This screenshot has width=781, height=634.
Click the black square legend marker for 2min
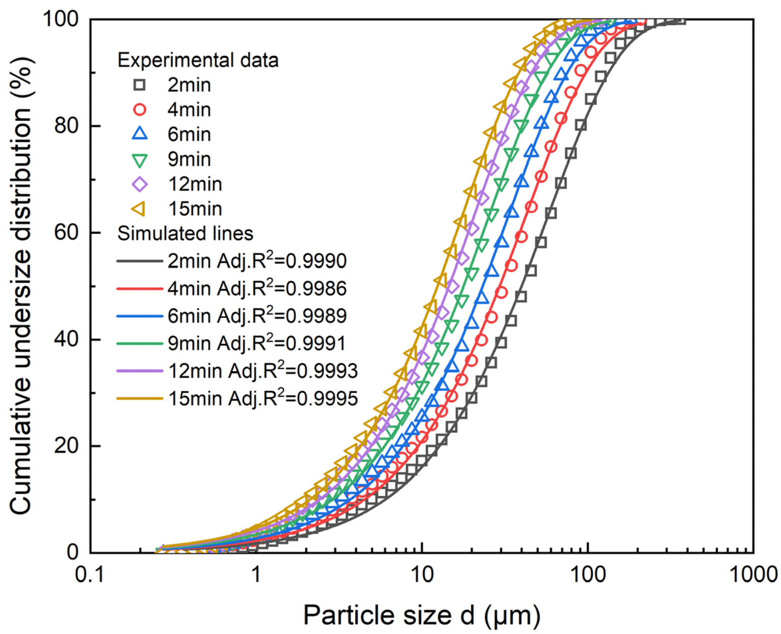click(x=139, y=85)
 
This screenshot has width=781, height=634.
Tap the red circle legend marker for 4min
click(x=139, y=110)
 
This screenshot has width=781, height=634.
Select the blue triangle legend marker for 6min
click(x=139, y=134)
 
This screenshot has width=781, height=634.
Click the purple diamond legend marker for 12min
click(x=139, y=184)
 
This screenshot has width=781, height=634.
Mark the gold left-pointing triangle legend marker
click(x=139, y=209)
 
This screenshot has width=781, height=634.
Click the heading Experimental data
click(x=198, y=60)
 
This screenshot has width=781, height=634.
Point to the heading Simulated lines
click(x=185, y=233)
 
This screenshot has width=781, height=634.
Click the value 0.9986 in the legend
click(x=316, y=289)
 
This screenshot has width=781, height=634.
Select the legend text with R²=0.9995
click(x=263, y=398)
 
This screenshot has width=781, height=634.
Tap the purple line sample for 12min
click(x=139, y=371)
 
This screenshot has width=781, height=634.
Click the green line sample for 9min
click(x=139, y=344)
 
